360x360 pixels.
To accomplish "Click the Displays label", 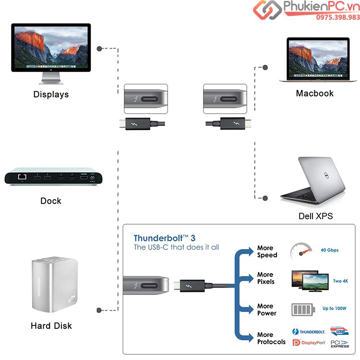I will pos(51,95).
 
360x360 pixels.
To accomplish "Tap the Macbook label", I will pos(314,93).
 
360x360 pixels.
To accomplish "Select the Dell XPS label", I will pos(315,216).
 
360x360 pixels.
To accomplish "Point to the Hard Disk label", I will pos(51,326).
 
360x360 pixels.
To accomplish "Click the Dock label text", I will pos(51,201).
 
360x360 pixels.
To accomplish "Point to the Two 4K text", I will pos(340,281).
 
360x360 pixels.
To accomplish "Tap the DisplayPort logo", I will pos(309,343).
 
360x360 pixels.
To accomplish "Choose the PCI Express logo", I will pos(340,343).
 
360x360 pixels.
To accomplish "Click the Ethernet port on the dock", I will pos(22,179).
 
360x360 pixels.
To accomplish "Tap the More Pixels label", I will pos(266,278).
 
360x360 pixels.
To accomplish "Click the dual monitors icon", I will pos(308,281).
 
